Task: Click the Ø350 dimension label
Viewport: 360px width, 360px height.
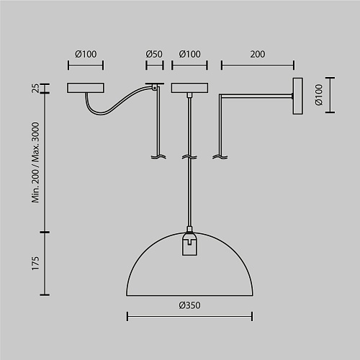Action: click(x=189, y=305)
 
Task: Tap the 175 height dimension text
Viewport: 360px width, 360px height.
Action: click(x=35, y=264)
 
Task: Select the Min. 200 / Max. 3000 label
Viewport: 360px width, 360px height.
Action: click(x=35, y=163)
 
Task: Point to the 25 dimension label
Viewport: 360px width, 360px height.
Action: click(x=35, y=88)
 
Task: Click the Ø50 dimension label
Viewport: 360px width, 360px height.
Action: click(x=154, y=54)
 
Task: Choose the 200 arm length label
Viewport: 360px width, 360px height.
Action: click(x=258, y=54)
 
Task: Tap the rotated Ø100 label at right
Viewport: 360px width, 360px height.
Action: click(x=319, y=94)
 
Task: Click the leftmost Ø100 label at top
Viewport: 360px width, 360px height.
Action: click(x=86, y=54)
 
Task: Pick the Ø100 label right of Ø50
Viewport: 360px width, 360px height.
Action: click(x=189, y=54)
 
